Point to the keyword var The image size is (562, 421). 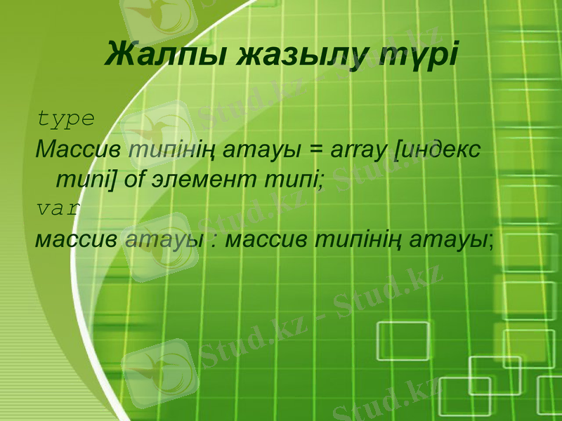(x=58, y=209)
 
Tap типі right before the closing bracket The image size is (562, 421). (x=80, y=180)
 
